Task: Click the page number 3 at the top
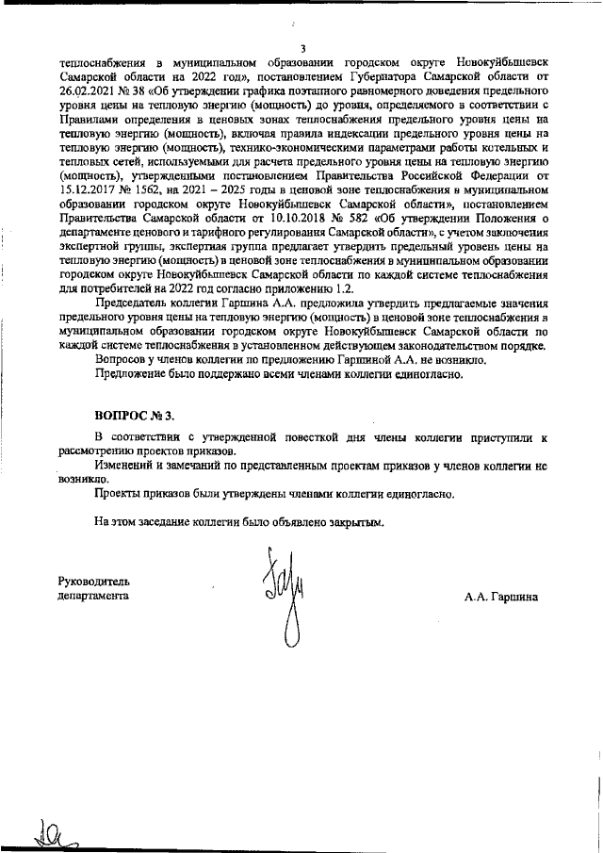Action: pos(302,49)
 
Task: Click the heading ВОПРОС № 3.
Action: pos(135,415)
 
